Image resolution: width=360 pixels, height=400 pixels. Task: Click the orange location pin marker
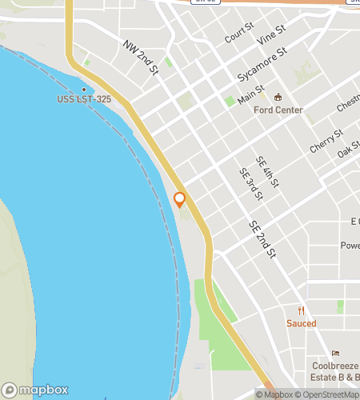(x=179, y=199)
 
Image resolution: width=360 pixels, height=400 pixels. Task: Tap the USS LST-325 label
(x=83, y=100)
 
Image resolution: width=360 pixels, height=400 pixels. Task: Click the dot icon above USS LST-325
(x=83, y=90)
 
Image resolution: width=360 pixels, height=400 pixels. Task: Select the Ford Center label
(x=277, y=110)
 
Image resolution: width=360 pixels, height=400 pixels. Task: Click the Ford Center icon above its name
(x=277, y=98)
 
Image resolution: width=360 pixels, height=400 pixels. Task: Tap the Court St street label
(x=238, y=33)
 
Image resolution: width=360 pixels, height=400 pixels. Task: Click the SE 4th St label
(x=267, y=172)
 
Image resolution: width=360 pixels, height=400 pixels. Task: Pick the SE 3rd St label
(x=250, y=183)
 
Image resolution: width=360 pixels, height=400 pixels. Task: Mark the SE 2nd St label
(x=262, y=239)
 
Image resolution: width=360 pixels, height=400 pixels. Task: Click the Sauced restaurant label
(x=302, y=323)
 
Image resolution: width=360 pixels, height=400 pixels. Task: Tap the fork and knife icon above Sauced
(x=302, y=310)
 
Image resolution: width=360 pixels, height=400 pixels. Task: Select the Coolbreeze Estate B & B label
(x=334, y=372)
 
